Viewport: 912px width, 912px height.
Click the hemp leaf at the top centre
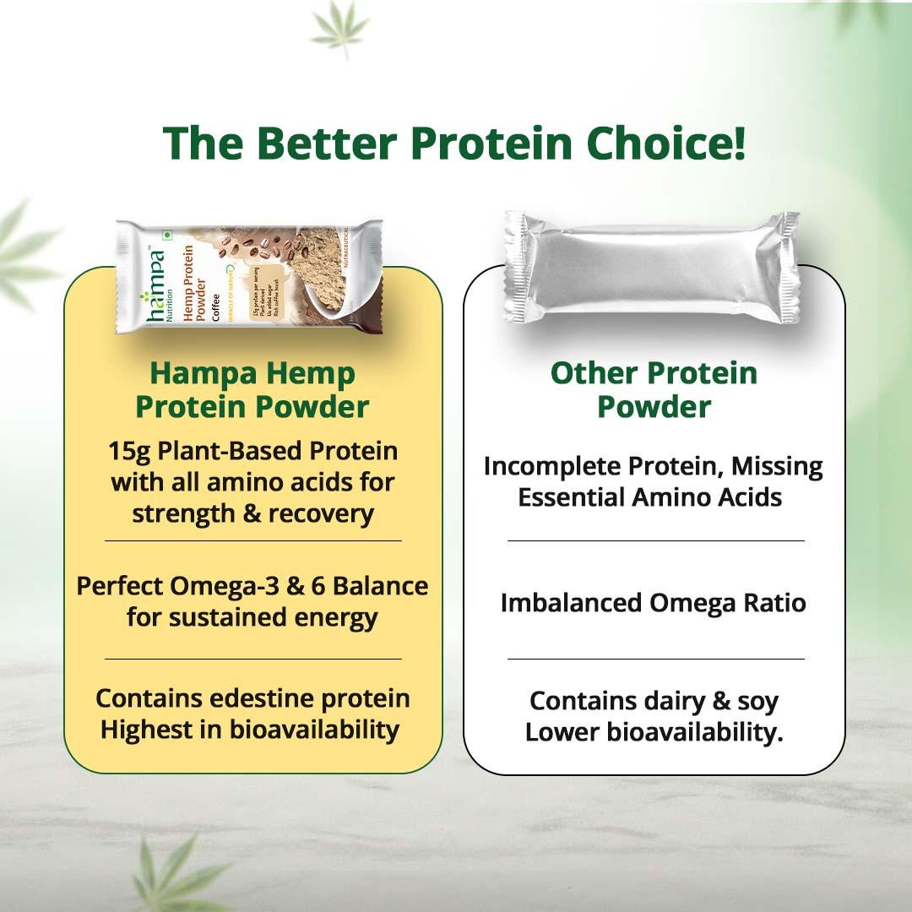coord(339,30)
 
